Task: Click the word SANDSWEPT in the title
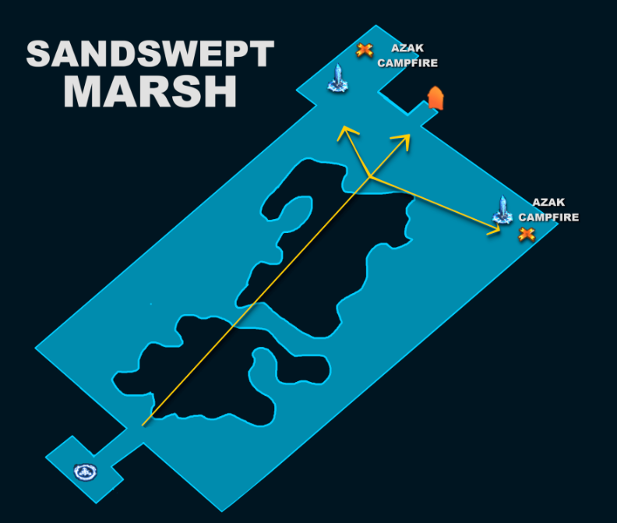(x=150, y=54)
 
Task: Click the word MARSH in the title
(x=150, y=92)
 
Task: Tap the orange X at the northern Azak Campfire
(x=365, y=51)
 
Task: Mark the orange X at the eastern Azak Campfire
(x=527, y=235)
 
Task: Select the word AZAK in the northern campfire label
(x=407, y=48)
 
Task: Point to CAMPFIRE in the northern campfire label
(x=407, y=63)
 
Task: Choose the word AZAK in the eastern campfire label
(x=548, y=202)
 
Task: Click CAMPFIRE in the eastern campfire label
(x=548, y=217)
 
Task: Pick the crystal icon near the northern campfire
(x=337, y=79)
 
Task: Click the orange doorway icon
(x=435, y=98)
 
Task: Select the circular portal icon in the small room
(x=86, y=472)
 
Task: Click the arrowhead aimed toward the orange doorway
(x=404, y=140)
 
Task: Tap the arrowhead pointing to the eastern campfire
(x=495, y=229)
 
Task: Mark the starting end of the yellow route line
(x=143, y=426)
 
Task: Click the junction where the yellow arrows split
(x=370, y=177)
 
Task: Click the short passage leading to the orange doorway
(x=423, y=114)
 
